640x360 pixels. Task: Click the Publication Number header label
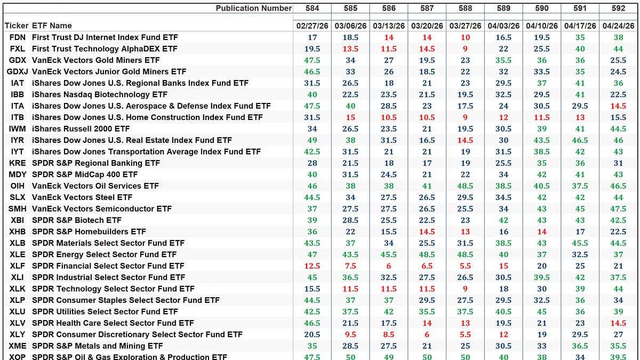coord(254,8)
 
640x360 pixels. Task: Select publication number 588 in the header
coord(465,8)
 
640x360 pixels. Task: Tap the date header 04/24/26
coord(618,26)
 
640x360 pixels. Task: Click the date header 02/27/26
coord(312,26)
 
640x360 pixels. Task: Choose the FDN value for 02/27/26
coord(312,37)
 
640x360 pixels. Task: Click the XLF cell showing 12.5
coord(312,266)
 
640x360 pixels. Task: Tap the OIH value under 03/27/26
coord(465,186)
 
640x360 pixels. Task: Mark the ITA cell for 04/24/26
coord(618,106)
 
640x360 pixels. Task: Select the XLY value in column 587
coord(427,334)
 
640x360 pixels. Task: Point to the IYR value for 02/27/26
coord(312,140)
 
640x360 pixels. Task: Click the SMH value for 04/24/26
coord(618,209)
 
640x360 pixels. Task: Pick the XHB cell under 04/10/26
coord(542,231)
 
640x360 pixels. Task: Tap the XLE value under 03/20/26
coord(427,254)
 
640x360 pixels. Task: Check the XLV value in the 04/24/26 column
coord(618,323)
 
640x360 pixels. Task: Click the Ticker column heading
coord(16,26)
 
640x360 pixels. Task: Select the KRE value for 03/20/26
coord(427,163)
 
